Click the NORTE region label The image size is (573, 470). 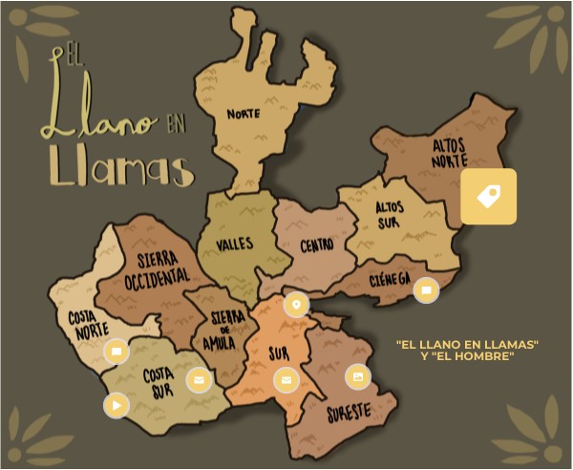(244, 114)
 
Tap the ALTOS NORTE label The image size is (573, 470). (450, 152)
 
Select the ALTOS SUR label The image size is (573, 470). (389, 214)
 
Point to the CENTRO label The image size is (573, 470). (317, 246)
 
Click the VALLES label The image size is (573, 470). (234, 244)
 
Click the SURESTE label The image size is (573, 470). (349, 414)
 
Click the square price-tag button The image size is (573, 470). (489, 197)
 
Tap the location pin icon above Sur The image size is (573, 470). (296, 305)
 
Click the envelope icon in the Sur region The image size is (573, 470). (285, 380)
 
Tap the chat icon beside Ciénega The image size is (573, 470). (426, 290)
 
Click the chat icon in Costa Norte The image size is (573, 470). (116, 351)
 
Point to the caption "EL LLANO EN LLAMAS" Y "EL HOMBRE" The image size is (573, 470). (467, 349)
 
